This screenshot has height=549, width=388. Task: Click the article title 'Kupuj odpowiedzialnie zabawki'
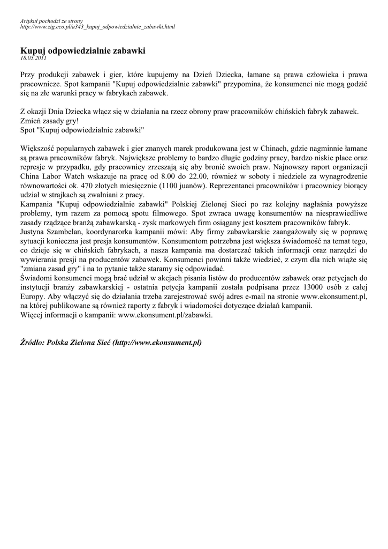[82, 50]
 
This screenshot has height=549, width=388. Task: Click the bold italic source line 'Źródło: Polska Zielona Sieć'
[110, 342]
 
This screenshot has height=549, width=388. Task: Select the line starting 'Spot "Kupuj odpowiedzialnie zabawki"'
[82, 130]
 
